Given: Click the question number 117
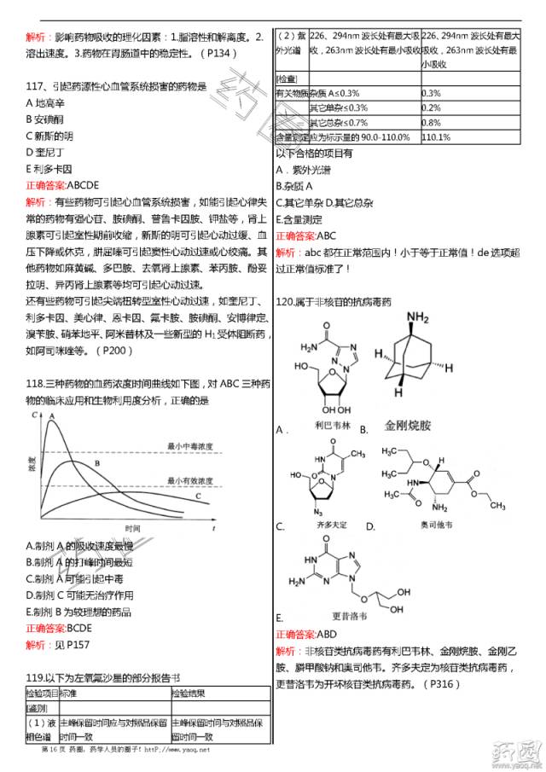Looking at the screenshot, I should coord(38,86).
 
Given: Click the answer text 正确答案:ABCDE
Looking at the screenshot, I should coord(62,184).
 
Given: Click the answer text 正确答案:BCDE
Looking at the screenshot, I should coord(59,627).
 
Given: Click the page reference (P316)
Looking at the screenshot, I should coord(443,683).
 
